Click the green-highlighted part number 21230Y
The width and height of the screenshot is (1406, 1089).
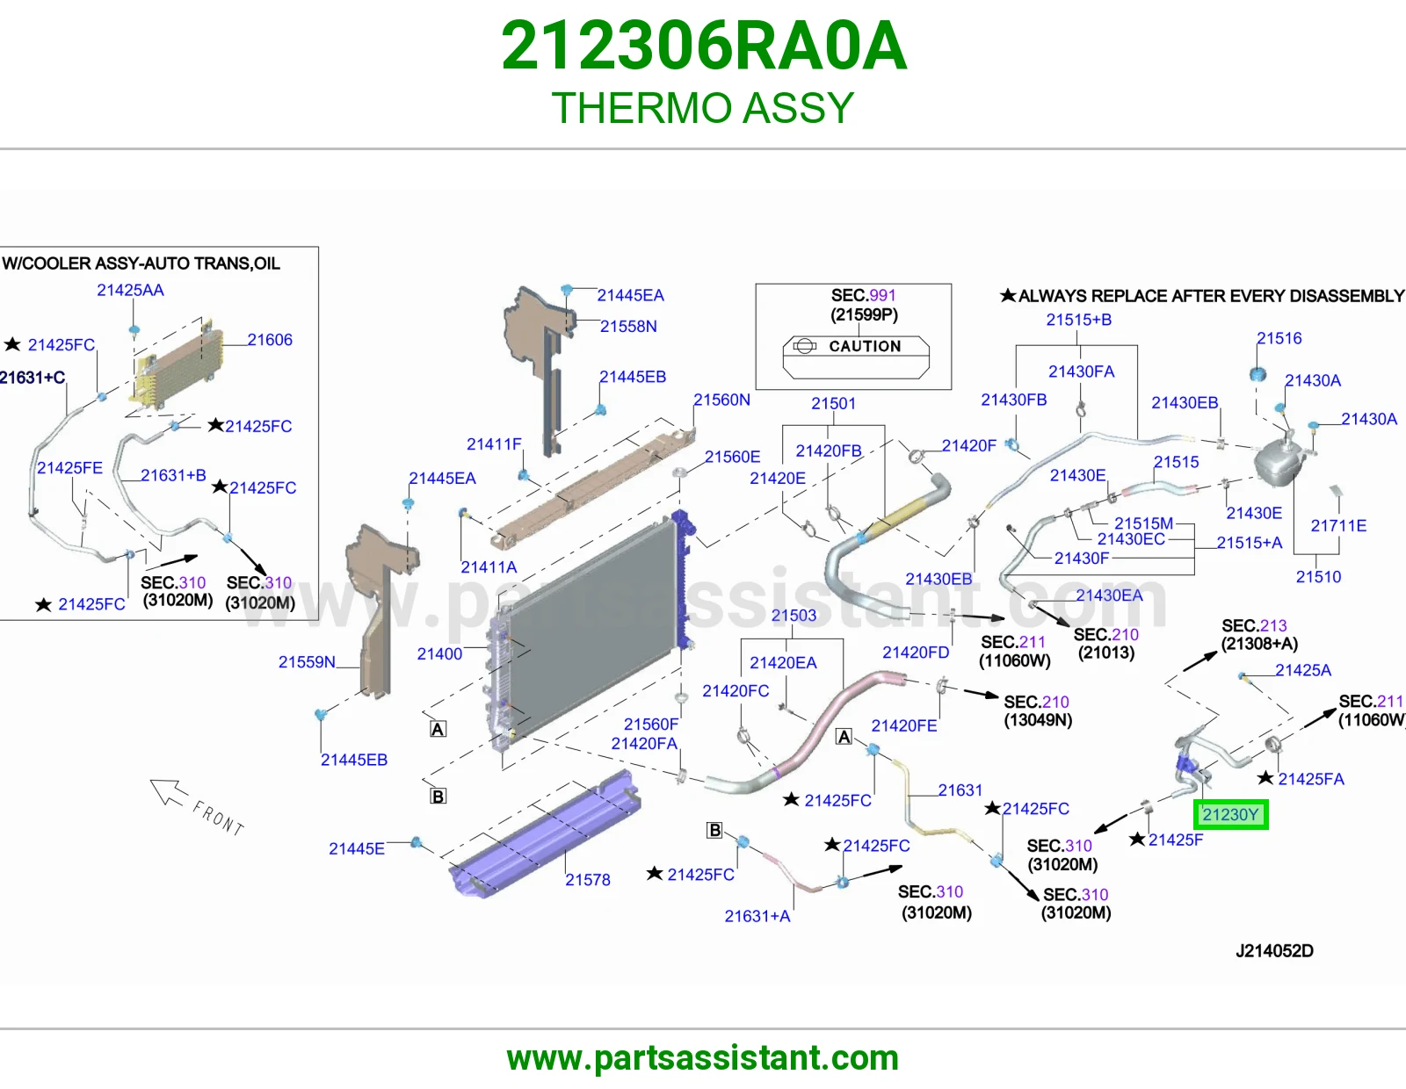[x=1230, y=814]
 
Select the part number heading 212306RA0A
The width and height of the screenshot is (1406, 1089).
[x=703, y=46]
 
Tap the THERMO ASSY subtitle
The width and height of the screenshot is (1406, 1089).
[x=703, y=107]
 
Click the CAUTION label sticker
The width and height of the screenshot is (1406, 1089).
[x=856, y=357]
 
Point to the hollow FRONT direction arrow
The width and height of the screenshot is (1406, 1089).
[x=169, y=792]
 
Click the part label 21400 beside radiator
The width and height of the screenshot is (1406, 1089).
[x=439, y=653]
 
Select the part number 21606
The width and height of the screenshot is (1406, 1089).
[x=270, y=340]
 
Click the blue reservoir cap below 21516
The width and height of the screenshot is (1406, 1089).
[x=1257, y=374]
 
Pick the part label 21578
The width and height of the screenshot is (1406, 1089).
[x=588, y=879]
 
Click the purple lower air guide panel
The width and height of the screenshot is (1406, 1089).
[x=545, y=834]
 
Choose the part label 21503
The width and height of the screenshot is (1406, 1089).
[x=794, y=615]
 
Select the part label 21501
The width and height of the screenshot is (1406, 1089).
[x=833, y=403]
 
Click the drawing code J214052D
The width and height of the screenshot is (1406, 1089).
[x=1274, y=951]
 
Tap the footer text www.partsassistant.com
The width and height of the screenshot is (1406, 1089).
[x=703, y=1058]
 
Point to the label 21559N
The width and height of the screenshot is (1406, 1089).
[x=307, y=662]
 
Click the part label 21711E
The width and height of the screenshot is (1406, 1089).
[x=1338, y=526]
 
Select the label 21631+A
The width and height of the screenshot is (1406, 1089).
[x=757, y=916]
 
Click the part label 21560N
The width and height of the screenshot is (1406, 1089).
[x=721, y=400]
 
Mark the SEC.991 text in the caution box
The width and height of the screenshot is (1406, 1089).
[x=863, y=296]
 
